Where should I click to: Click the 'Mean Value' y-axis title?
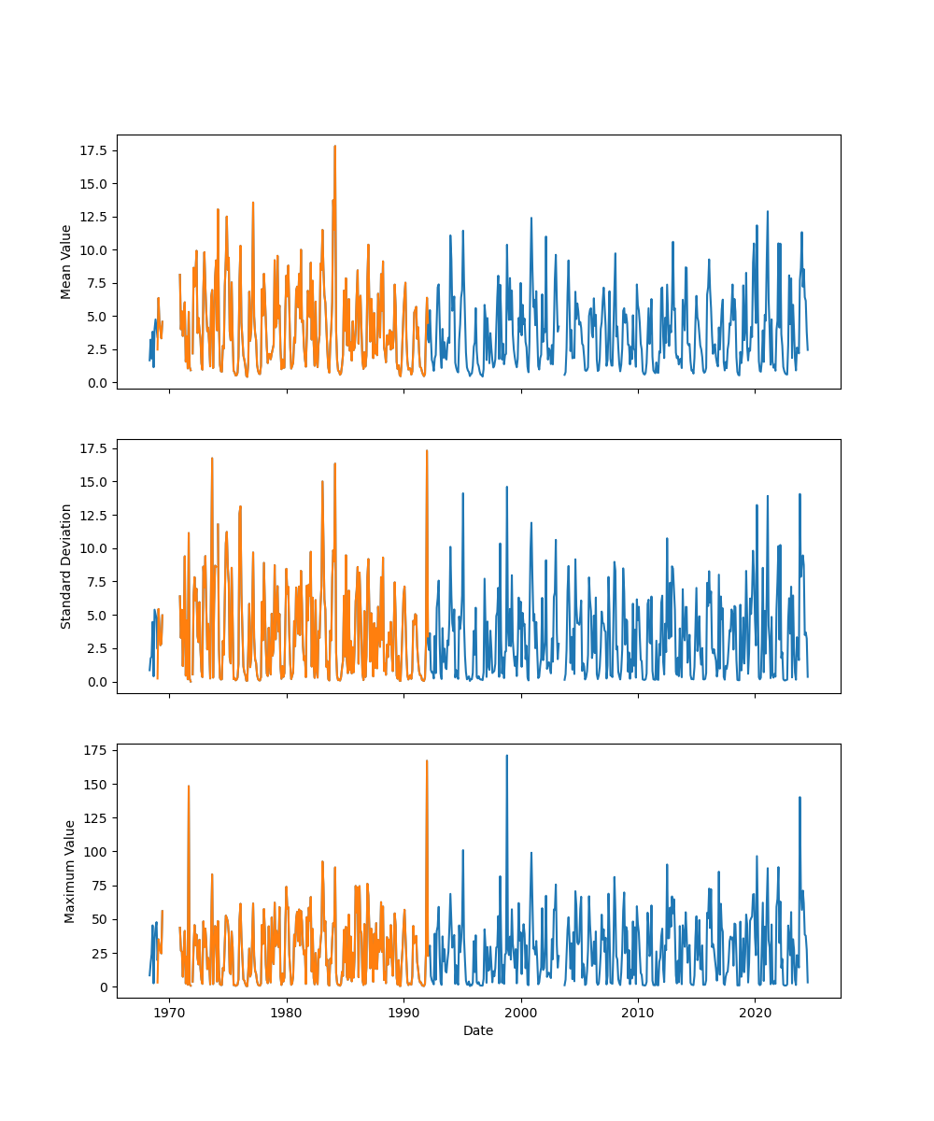(x=66, y=262)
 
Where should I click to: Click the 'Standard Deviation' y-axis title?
(x=66, y=566)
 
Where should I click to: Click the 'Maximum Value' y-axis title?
(x=69, y=871)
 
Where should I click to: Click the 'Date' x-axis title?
(x=478, y=1030)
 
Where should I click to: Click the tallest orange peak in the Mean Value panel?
(x=334, y=146)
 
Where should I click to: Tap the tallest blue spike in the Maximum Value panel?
(x=507, y=756)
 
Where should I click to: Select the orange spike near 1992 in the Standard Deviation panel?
(x=427, y=451)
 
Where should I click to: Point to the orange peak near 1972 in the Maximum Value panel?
(x=189, y=786)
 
